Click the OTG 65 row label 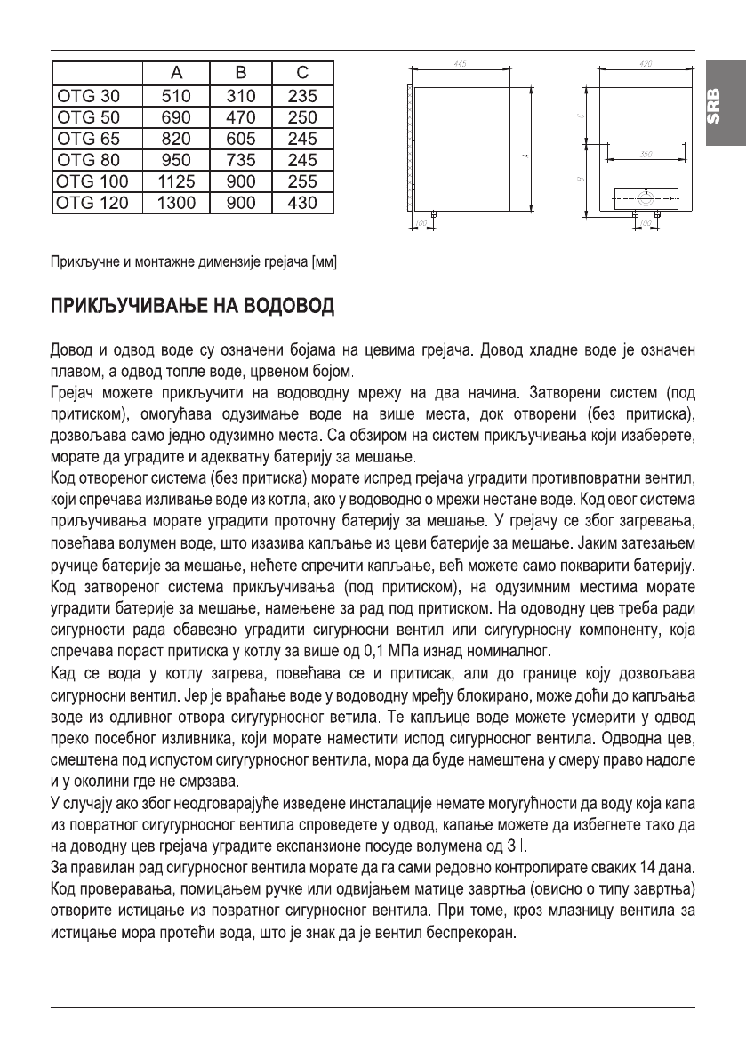(x=88, y=138)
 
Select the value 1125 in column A (x=175, y=181)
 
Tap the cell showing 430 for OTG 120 (x=301, y=203)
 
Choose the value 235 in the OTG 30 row (x=301, y=95)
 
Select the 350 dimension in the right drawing (x=646, y=155)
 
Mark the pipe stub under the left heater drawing (x=433, y=214)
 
